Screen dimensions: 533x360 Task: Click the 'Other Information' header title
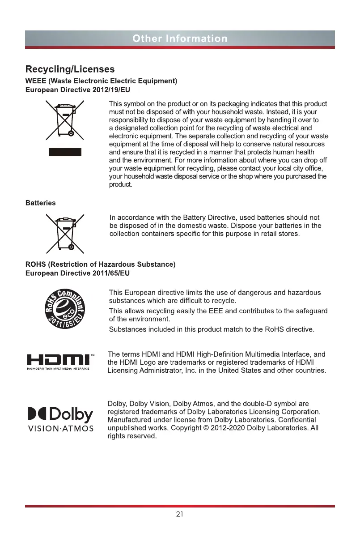[x=180, y=38]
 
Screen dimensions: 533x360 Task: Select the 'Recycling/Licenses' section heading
[x=70, y=69]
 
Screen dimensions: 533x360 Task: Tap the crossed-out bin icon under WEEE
[x=65, y=120]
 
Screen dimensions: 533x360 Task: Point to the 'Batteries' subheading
[x=40, y=203]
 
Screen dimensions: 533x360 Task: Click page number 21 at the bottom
[x=180, y=514]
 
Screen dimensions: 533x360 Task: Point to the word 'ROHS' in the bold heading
[x=35, y=264]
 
